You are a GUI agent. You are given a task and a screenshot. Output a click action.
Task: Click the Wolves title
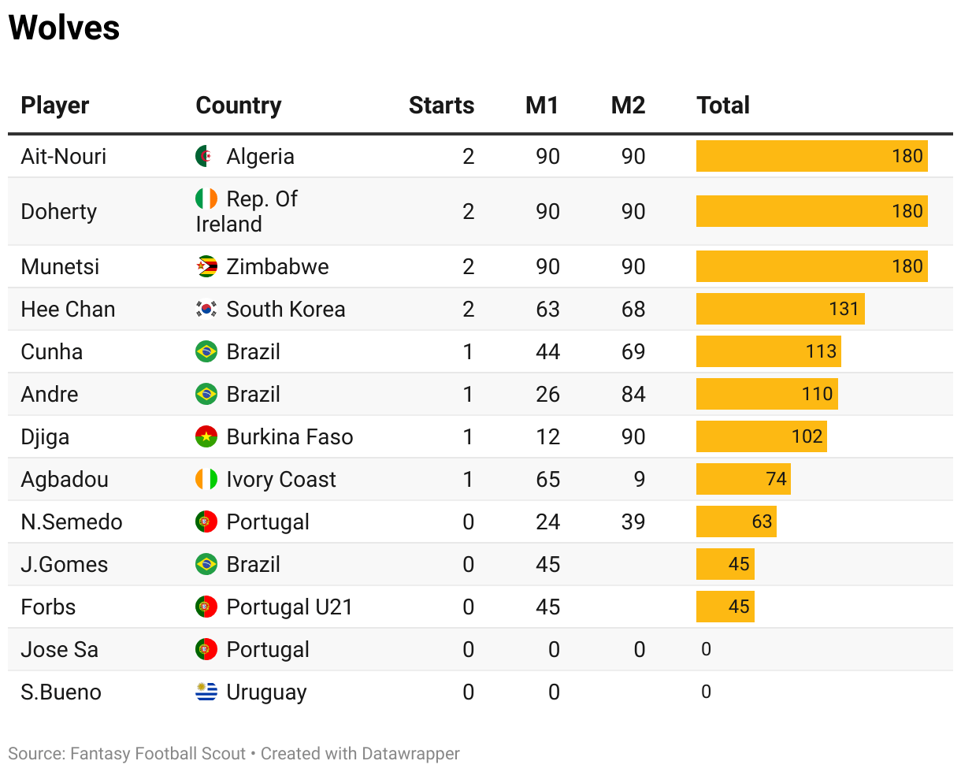(64, 28)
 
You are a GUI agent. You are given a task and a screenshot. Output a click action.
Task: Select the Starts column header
(441, 106)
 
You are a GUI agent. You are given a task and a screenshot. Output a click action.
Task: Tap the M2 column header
(628, 106)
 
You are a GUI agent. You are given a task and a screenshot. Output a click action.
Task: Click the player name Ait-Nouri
(64, 156)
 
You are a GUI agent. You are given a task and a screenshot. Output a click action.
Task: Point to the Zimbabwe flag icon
(206, 266)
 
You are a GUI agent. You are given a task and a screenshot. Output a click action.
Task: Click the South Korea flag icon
(206, 309)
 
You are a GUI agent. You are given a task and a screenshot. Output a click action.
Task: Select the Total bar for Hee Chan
(780, 309)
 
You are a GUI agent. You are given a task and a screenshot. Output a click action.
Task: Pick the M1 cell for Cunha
(547, 351)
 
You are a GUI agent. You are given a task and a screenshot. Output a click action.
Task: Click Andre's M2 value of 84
(633, 394)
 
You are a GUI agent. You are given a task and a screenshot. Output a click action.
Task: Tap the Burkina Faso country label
(289, 436)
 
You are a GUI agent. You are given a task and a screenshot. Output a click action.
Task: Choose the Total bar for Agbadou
(743, 479)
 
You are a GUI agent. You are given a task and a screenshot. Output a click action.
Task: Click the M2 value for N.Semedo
(633, 521)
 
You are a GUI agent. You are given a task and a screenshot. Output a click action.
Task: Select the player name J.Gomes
(65, 564)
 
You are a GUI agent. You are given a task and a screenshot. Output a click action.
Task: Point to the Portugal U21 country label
(289, 607)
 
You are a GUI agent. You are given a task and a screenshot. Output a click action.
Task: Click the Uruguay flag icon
(206, 692)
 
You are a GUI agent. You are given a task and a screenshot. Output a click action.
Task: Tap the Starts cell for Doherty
(469, 211)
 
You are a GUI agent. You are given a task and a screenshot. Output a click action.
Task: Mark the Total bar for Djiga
(761, 436)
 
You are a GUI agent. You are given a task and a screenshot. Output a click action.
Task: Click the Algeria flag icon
(206, 156)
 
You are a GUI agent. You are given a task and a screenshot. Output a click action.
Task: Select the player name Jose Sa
(59, 649)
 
